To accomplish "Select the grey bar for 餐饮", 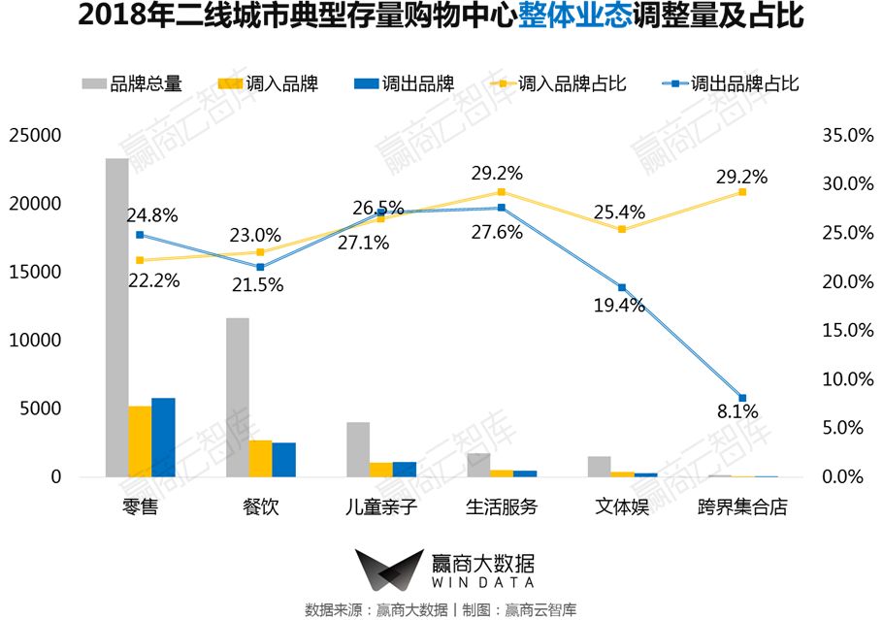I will (238, 397).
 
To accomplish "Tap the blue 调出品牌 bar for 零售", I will (163, 438).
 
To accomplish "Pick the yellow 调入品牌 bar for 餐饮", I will (260, 458).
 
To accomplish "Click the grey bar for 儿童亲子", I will (358, 449).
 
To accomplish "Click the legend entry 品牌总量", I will (131, 84).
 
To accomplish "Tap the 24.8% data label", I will (152, 215).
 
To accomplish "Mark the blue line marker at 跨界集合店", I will (742, 398).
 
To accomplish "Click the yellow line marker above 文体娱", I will (622, 229).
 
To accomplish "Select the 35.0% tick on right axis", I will (848, 136).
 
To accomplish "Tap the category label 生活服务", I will (502, 507).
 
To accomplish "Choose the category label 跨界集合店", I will (742, 507).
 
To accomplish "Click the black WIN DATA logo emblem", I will (387, 571).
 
